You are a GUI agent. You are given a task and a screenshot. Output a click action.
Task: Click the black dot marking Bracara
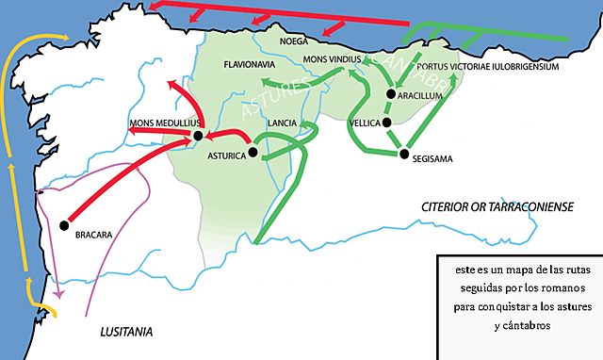(x=65, y=224)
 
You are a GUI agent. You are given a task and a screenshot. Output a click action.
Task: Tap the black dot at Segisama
(x=403, y=154)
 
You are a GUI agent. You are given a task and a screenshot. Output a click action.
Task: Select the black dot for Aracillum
(x=389, y=93)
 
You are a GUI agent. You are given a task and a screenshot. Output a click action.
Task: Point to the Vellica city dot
(x=386, y=122)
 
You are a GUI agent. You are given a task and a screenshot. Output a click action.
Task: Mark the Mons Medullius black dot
(x=199, y=137)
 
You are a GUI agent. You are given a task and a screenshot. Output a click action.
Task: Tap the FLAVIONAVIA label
(x=249, y=66)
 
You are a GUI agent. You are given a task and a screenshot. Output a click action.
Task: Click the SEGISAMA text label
(x=433, y=159)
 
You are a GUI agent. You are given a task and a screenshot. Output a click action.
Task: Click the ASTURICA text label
(x=225, y=157)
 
